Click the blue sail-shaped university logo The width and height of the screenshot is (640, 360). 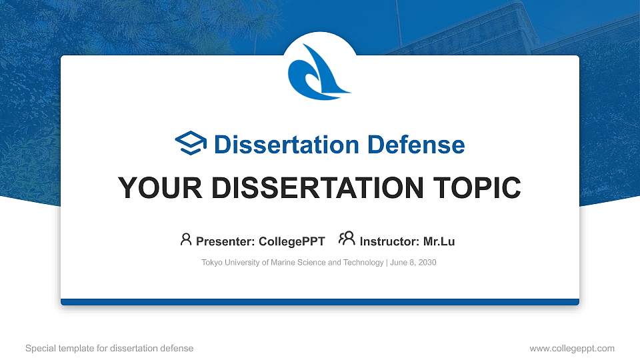point(319,72)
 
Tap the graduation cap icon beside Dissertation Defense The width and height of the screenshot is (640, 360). point(191,144)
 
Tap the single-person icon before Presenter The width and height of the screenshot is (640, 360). point(186,239)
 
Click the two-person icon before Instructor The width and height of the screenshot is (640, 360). point(347,239)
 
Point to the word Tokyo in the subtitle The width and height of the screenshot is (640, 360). point(212,263)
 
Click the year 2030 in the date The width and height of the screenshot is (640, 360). point(427,263)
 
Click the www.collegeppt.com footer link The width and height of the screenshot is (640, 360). point(571,349)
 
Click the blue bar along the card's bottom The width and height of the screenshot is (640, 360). point(320,302)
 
